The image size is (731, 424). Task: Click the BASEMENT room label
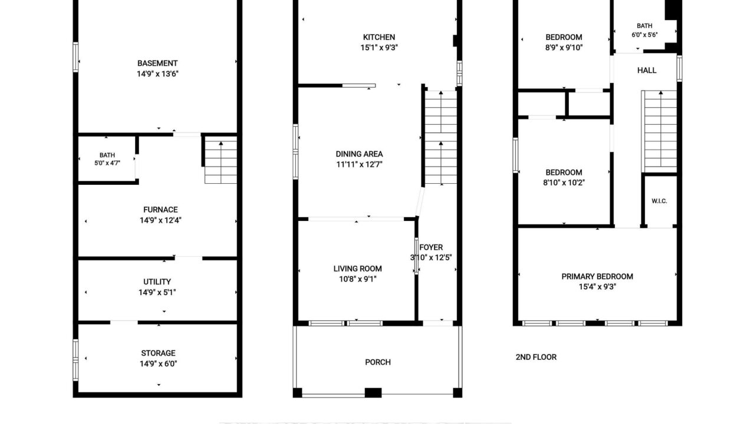pos(157,63)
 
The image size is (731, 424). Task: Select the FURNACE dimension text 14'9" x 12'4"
pos(160,220)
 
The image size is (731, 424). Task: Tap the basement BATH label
pos(107,155)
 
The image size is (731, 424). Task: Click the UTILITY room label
pos(157,281)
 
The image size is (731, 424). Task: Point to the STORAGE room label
pos(158,353)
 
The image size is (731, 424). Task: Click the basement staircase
pos(220,160)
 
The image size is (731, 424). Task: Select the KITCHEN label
pos(379,37)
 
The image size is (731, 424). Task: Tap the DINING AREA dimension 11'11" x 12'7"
pos(359,164)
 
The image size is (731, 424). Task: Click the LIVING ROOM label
pos(357,269)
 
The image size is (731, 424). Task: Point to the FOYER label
pos(431,247)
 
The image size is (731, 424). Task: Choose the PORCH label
pos(377,362)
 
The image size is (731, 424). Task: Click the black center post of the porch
pos(373,393)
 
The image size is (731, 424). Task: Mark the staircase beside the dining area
pos(441,137)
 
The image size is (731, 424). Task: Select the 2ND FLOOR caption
pos(536,357)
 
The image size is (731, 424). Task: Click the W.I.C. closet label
pos(659,201)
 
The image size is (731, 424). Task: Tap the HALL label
pos(647,71)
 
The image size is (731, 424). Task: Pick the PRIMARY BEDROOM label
pos(597,276)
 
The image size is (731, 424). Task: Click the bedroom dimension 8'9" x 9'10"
pos(564,48)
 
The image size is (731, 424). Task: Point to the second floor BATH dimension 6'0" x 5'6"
pos(644,35)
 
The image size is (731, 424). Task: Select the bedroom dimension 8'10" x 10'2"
pos(564,183)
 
